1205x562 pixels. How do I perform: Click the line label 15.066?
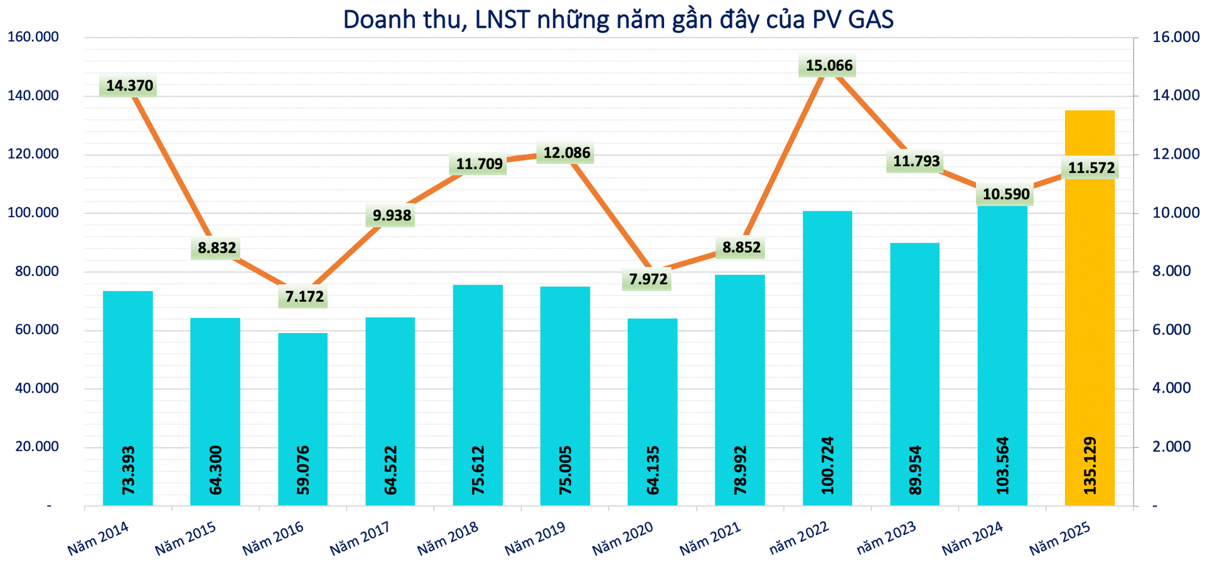pos(829,65)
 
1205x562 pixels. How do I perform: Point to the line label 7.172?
pos(304,296)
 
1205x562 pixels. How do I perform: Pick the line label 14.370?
pos(129,85)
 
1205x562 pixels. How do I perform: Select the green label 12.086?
pos(567,152)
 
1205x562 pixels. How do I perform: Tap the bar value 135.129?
pos(1090,465)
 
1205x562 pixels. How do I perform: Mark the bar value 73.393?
pos(128,470)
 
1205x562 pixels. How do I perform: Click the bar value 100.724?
pos(827,465)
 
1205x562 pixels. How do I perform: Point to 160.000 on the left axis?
pos(41,37)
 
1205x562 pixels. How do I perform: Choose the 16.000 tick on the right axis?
pos(1176,37)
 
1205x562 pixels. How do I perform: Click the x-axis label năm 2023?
pos(886,538)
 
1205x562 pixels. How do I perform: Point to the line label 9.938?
pos(392,216)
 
